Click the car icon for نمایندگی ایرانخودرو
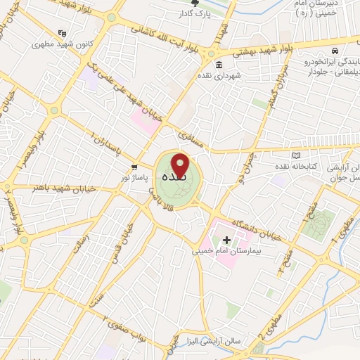coord(336,51)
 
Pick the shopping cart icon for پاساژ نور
coord(134,167)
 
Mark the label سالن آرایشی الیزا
coord(219,341)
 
